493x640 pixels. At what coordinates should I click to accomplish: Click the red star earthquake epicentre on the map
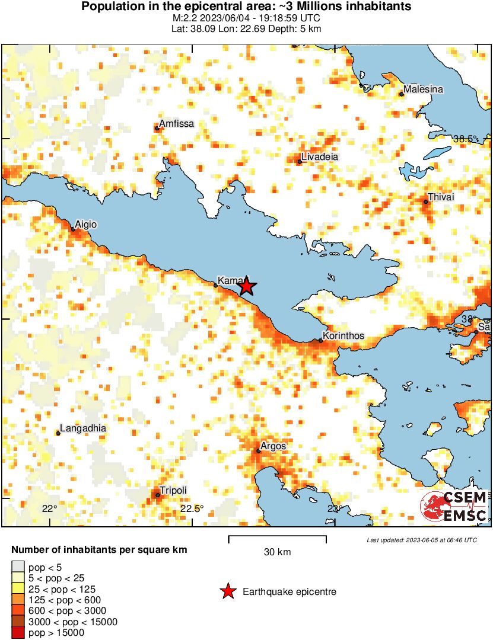pos(246,287)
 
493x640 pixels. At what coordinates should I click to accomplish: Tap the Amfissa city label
pos(176,123)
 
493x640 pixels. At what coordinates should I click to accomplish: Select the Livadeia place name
pos(319,157)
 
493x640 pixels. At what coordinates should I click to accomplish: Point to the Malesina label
pos(423,89)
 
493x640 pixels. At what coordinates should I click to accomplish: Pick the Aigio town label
pos(86,225)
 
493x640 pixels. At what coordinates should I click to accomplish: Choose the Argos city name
pos(273,446)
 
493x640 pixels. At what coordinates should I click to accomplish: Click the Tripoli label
pos(173,490)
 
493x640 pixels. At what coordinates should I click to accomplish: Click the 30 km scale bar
pos(277,539)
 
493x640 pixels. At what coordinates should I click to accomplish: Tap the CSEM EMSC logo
pos(454,507)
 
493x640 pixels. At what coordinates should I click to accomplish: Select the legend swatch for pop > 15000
pos(18,632)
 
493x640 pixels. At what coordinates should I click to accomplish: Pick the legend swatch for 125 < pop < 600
pos(18,600)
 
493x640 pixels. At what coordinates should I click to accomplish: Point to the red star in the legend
pos(227,591)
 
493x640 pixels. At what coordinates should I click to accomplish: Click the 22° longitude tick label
pos(50,508)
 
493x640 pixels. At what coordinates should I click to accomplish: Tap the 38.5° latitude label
pos(465,139)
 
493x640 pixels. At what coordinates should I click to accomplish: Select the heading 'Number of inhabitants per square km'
pos(99,550)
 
